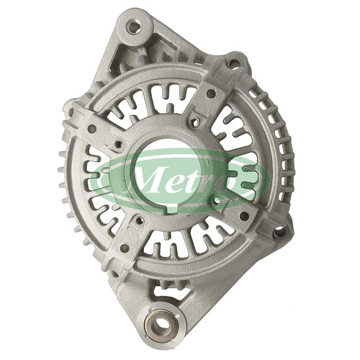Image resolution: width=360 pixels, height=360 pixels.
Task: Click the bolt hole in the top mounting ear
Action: point(134,27)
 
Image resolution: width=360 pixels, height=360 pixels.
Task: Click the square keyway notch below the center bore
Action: point(172,209)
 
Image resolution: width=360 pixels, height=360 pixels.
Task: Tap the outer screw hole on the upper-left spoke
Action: point(92,129)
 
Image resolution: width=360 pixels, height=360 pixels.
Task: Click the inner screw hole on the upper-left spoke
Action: point(119,144)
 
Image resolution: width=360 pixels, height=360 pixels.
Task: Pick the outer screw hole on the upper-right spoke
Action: point(211,94)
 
